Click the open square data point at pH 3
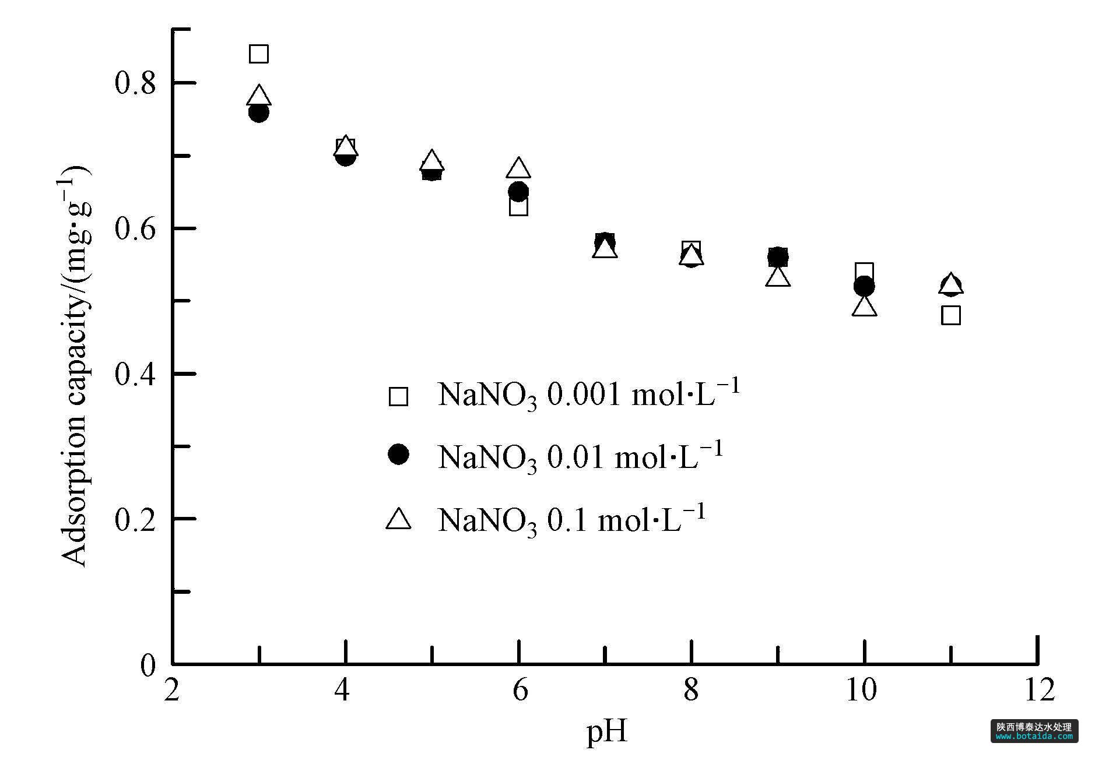point(259,54)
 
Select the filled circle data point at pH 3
point(259,112)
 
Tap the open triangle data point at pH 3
point(259,96)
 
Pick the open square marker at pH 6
point(518,206)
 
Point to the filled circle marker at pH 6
point(518,191)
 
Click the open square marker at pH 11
point(951,315)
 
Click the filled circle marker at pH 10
point(864,286)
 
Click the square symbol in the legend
point(399,396)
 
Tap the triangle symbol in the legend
point(399,519)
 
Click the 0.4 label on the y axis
point(135,374)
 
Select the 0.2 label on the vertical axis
point(135,519)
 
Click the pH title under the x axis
point(606,731)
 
